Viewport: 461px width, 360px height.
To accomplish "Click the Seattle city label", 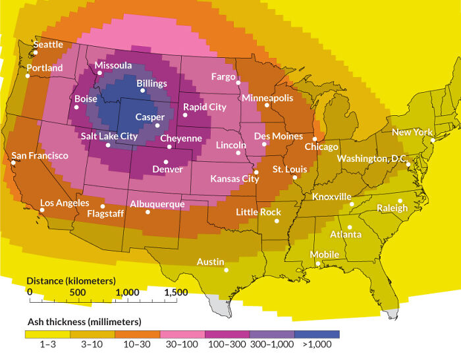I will click(x=48, y=44).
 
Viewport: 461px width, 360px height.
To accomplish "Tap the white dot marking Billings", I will click(x=143, y=90).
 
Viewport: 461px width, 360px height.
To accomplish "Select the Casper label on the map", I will click(x=149, y=116).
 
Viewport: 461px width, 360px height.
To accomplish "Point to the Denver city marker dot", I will click(x=168, y=162).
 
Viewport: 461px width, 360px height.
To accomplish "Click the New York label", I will click(x=412, y=132).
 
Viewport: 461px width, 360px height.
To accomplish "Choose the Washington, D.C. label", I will click(x=372, y=159).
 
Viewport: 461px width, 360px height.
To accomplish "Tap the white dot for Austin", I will click(x=226, y=270).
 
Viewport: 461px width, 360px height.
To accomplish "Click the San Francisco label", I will click(x=40, y=155).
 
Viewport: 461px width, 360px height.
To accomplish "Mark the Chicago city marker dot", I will click(x=315, y=139).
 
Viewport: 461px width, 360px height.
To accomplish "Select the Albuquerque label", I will click(x=157, y=204).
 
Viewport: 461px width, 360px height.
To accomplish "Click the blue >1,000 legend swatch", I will click(x=317, y=334).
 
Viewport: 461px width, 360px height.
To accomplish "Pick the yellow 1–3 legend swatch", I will click(x=47, y=334).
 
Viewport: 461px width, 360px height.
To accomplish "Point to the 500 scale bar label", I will click(x=78, y=292).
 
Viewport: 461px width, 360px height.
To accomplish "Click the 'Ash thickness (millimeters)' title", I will click(x=84, y=321).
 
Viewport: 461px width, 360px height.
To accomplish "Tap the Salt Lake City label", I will click(x=109, y=136).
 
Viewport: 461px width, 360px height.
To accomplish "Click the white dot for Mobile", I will click(x=319, y=265).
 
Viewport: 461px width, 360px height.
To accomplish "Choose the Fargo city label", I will click(x=223, y=77).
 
